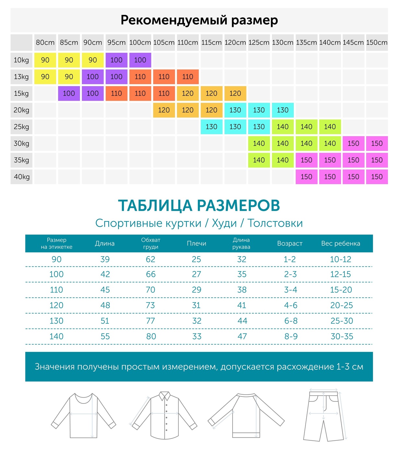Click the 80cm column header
45,42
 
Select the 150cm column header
377,42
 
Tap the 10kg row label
21,60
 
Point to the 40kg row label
21,177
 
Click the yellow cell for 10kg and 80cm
45,60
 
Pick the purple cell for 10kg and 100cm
140,60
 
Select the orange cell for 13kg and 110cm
188,77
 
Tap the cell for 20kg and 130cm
283,110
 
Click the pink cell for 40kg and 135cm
306,177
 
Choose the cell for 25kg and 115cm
211,127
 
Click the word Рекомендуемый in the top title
174,20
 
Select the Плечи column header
196,244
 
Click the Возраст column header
290,244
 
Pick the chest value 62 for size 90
151,259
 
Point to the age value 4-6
291,305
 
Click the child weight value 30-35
342,337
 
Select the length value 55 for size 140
105,337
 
